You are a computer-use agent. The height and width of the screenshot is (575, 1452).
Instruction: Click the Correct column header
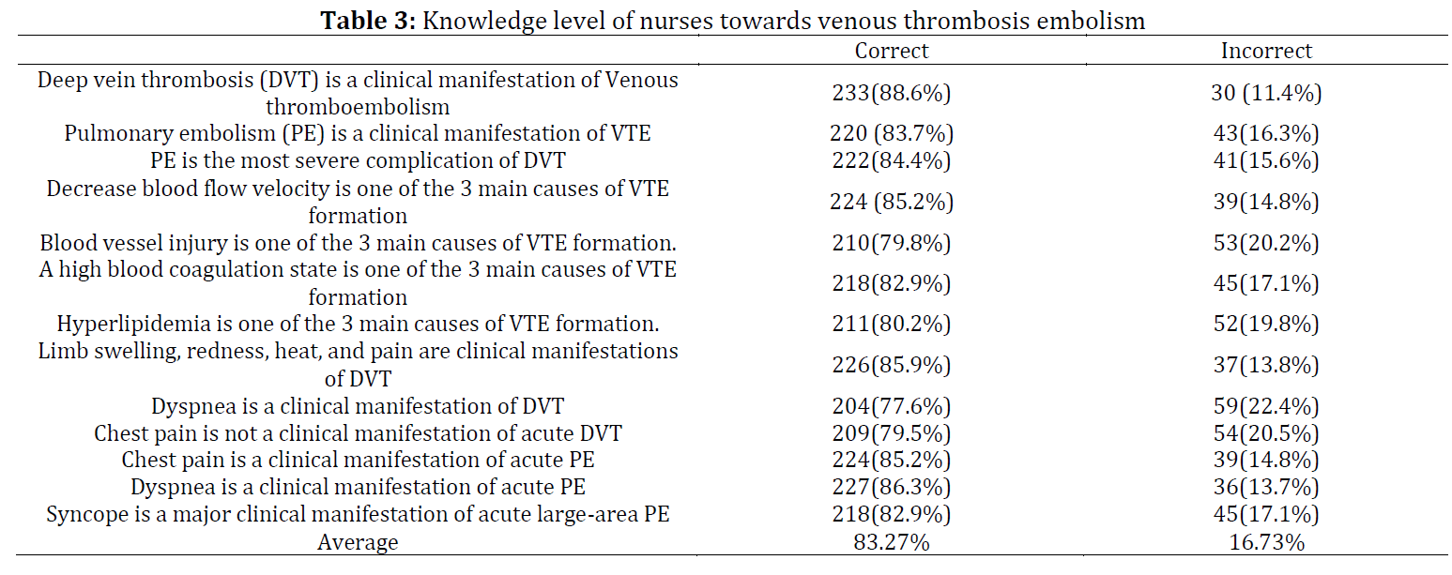pos(892,51)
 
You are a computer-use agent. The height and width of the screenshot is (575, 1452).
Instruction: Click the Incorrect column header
pos(1266,51)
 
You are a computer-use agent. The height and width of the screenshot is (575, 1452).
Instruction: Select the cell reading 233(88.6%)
pos(892,93)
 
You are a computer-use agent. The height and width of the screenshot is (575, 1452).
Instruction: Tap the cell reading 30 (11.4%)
pos(1266,93)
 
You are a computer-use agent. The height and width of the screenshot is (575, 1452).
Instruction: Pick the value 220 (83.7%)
pos(892,133)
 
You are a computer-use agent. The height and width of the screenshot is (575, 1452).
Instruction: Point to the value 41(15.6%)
pos(1266,160)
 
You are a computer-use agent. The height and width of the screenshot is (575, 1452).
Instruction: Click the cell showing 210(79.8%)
pos(892,243)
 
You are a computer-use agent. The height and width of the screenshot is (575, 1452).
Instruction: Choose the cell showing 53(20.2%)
pos(1266,243)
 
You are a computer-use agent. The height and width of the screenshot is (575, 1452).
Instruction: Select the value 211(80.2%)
pos(892,323)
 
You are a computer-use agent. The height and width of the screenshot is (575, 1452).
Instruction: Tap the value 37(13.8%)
pos(1266,365)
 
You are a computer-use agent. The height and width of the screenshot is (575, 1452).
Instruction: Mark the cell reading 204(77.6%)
pos(892,406)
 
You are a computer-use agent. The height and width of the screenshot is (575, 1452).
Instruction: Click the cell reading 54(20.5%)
pos(1266,433)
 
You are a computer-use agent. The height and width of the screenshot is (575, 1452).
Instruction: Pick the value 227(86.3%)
pos(892,487)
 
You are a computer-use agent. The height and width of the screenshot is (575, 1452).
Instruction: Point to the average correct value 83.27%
pos(892,542)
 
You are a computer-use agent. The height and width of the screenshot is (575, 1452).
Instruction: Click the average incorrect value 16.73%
pos(1266,542)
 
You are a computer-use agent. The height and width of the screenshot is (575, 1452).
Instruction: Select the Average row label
pos(358,542)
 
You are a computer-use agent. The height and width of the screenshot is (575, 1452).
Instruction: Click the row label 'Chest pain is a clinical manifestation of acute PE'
pos(358,460)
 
